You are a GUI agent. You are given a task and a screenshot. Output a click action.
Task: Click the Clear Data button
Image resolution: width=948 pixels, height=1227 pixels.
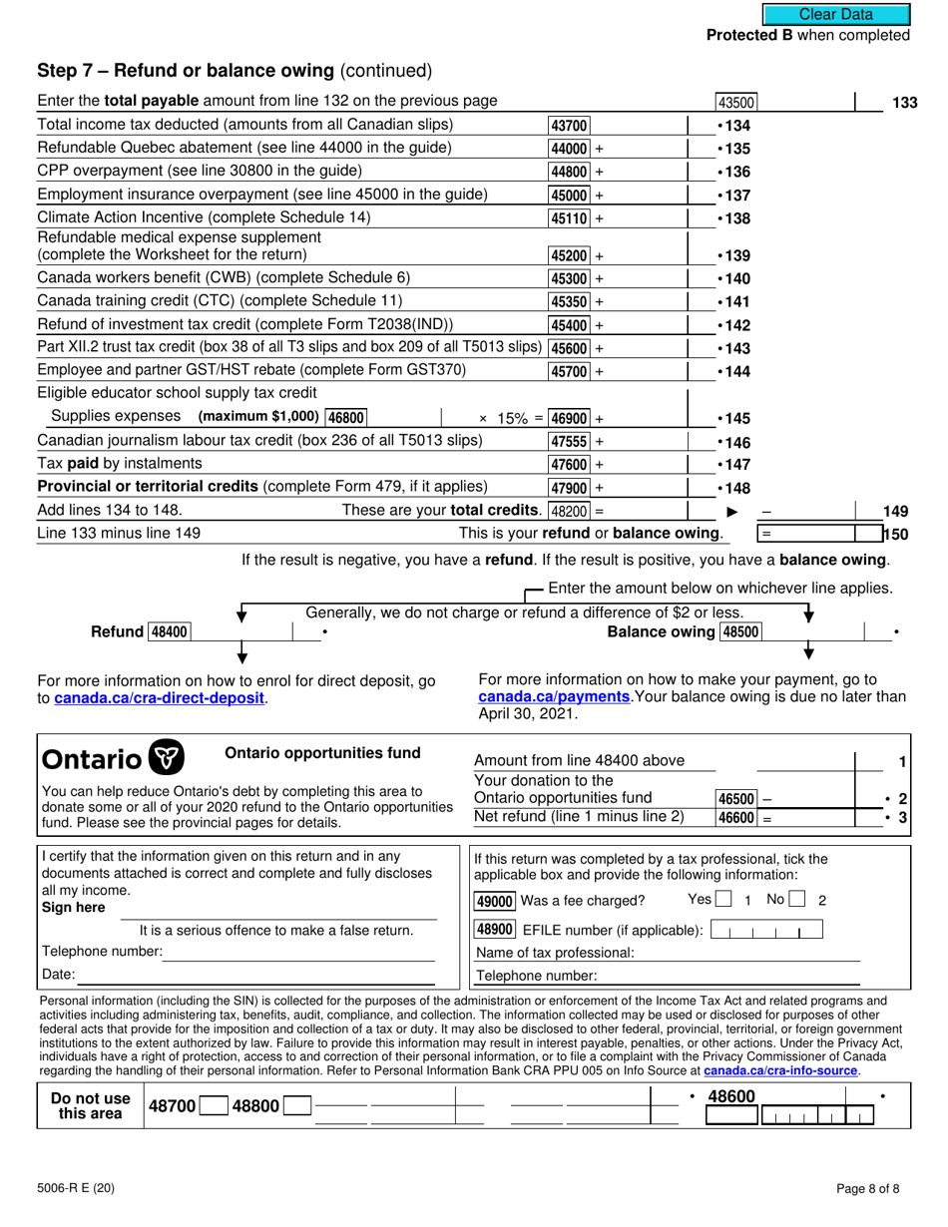tap(836, 14)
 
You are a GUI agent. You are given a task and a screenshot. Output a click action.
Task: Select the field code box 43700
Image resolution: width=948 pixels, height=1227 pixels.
tap(569, 126)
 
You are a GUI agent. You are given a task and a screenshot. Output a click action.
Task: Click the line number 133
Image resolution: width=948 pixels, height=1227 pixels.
tap(904, 102)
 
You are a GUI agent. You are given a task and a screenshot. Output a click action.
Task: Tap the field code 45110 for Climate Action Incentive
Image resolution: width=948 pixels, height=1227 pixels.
tap(569, 218)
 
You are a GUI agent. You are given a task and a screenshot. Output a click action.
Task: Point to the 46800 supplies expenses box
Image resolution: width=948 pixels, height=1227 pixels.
tap(346, 418)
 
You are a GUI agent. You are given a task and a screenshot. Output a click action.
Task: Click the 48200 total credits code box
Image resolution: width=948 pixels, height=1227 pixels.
tap(569, 511)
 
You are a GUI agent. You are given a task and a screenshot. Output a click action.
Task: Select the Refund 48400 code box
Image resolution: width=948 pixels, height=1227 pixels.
tap(171, 631)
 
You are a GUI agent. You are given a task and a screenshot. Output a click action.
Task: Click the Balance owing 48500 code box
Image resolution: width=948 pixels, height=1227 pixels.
tap(739, 631)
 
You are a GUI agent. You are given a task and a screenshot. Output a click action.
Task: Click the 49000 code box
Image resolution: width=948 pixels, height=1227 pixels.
tap(494, 901)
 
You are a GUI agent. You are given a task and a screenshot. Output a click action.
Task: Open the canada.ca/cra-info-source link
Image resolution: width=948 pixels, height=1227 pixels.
tap(780, 1070)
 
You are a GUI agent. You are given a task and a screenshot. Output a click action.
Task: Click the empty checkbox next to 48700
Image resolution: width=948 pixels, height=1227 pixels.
tap(213, 1106)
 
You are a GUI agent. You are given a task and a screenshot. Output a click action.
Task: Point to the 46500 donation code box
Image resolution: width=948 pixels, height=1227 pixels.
tap(736, 799)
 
